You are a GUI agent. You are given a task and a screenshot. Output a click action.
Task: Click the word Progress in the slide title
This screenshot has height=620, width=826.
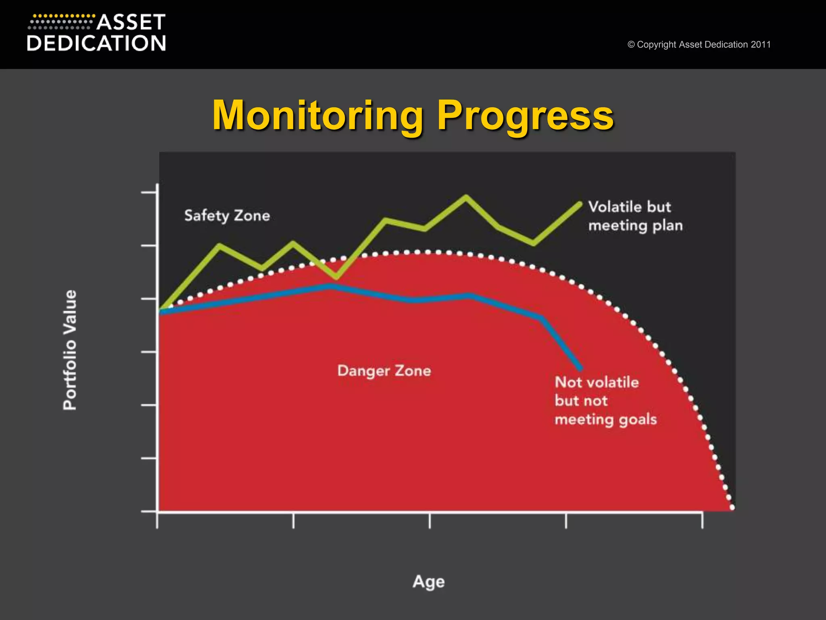point(525,116)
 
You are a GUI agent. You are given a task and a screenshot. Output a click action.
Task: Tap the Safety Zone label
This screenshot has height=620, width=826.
point(227,216)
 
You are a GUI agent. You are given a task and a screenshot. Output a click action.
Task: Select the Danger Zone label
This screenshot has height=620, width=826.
point(384,371)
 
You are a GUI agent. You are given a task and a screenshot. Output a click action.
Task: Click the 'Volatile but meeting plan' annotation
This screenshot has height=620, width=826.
point(635,216)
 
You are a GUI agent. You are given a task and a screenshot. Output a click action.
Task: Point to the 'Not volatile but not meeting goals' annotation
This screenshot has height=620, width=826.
point(605,400)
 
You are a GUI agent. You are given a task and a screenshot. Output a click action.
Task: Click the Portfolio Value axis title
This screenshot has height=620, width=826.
point(70,350)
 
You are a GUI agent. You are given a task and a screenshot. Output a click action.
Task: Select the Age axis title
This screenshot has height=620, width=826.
point(428,582)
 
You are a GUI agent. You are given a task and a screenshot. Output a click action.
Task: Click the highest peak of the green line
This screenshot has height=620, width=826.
point(466,197)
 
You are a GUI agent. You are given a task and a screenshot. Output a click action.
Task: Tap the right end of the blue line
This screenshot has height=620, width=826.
point(580,368)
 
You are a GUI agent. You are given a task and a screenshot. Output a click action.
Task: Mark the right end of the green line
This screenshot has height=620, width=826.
point(579,204)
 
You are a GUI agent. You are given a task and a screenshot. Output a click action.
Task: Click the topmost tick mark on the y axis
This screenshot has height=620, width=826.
point(149,193)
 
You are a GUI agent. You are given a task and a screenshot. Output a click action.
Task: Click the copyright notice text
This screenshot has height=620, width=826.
point(699,44)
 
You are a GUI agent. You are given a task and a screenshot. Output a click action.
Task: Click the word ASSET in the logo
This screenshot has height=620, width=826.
point(131,23)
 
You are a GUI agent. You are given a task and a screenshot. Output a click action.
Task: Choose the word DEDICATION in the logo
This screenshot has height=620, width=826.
point(96,43)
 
